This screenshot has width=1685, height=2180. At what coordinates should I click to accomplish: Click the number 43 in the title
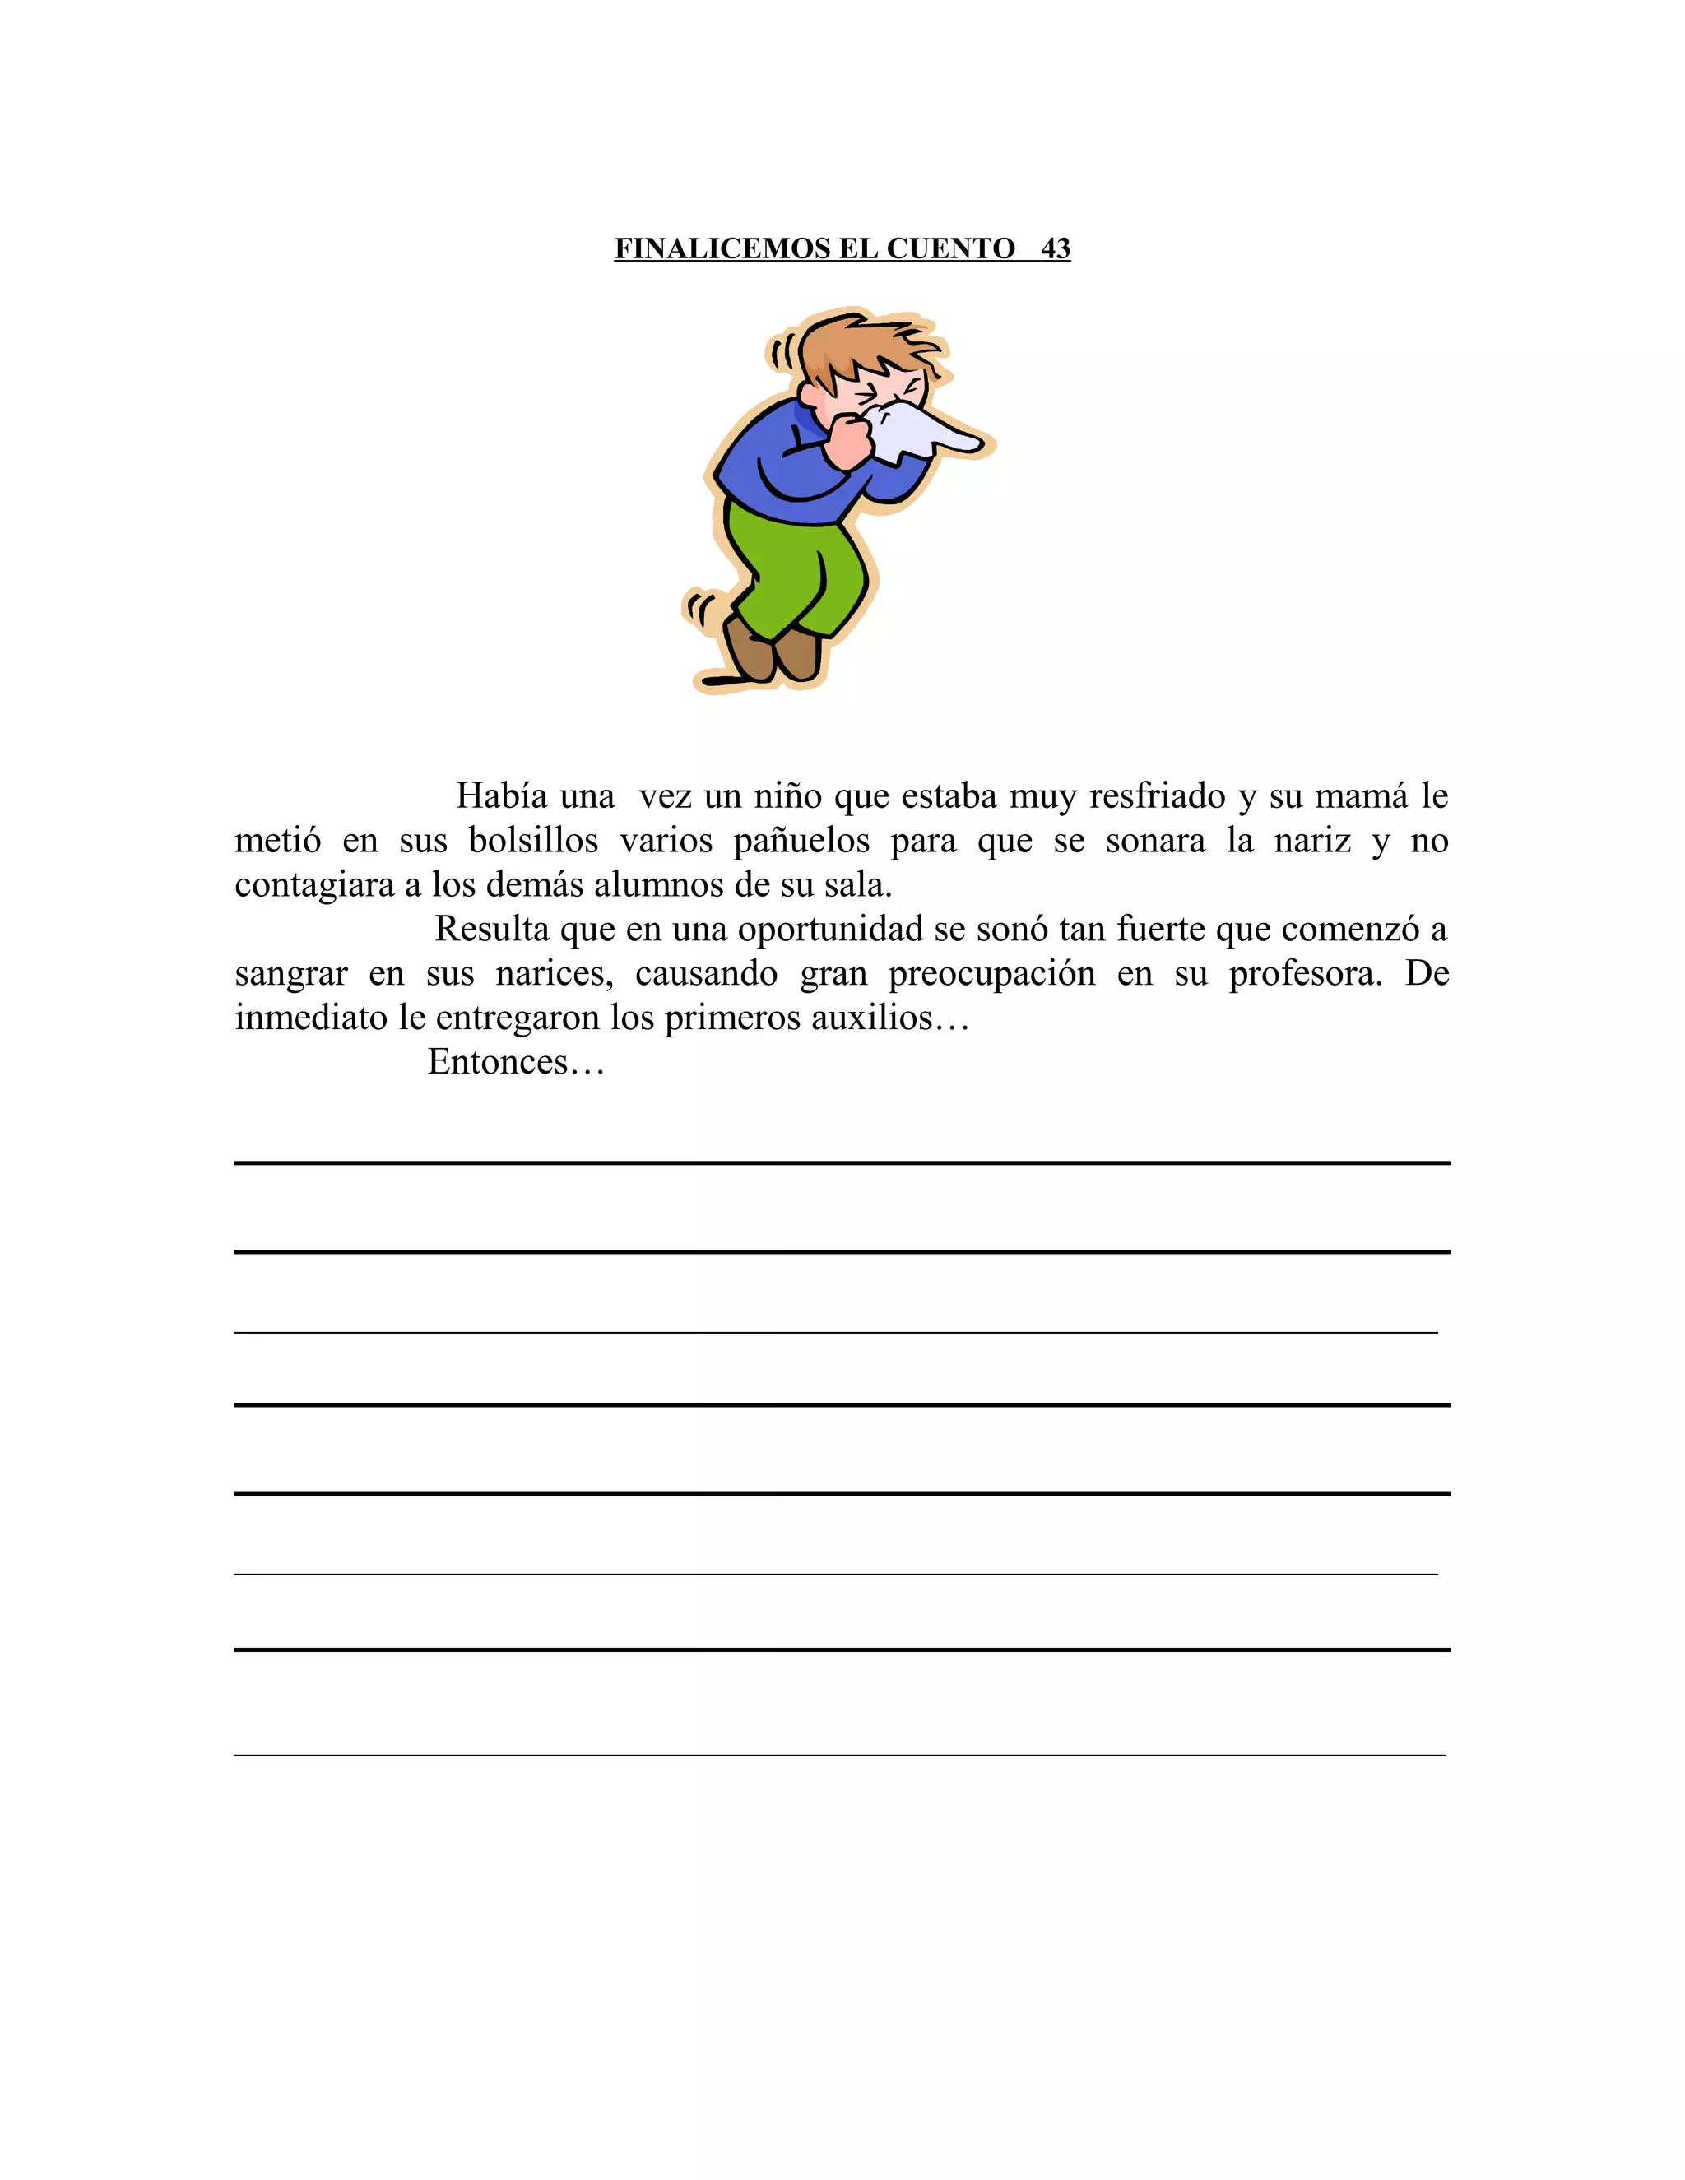coord(1055,248)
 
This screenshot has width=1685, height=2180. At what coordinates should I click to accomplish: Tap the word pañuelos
coord(801,842)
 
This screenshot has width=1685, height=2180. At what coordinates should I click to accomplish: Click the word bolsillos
coord(533,842)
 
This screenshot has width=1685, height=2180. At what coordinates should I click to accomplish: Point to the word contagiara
coord(314,885)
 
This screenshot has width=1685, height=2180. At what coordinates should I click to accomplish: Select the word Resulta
coord(492,930)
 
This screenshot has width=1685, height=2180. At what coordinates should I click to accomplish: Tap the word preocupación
coord(992,974)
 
